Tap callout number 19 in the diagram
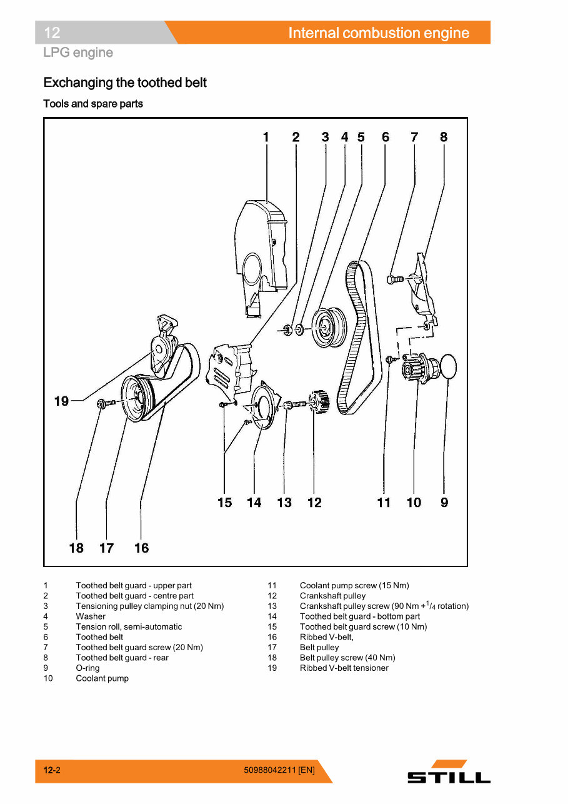pyautogui.click(x=61, y=401)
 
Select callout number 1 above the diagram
pyautogui.click(x=266, y=137)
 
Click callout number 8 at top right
pyautogui.click(x=444, y=137)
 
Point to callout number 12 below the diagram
pyautogui.click(x=314, y=503)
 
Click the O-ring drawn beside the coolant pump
pyautogui.click(x=449, y=366)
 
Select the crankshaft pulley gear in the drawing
pyautogui.click(x=319, y=403)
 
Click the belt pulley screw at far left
pyautogui.click(x=104, y=405)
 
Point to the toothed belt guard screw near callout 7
pyautogui.click(x=394, y=279)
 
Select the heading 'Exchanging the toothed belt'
pyautogui.click(x=125, y=83)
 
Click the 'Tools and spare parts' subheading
pyautogui.click(x=93, y=104)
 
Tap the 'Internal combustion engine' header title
pyautogui.click(x=379, y=33)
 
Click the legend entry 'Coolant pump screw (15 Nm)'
pyautogui.click(x=354, y=586)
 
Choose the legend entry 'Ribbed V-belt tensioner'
pyautogui.click(x=344, y=668)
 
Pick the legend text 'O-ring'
pyautogui.click(x=87, y=668)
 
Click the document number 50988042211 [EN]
pyautogui.click(x=279, y=770)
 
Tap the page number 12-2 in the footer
pyautogui.click(x=52, y=770)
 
